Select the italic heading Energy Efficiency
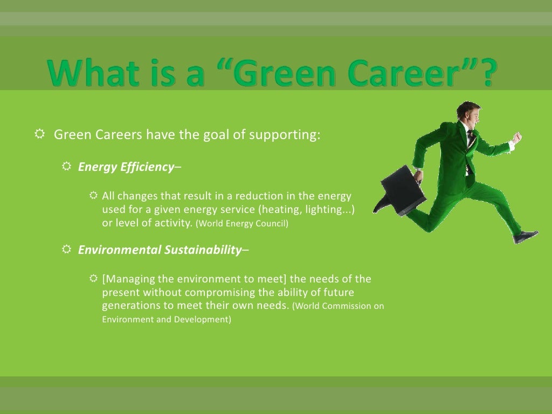click(125, 167)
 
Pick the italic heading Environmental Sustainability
click(160, 250)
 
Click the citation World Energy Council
click(241, 223)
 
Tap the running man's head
click(465, 112)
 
